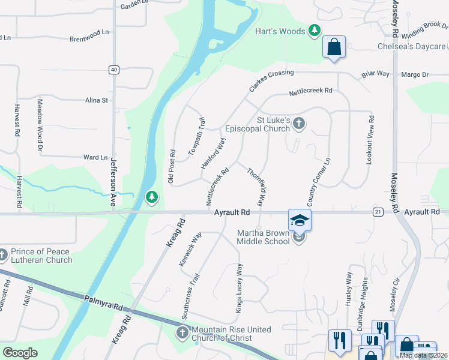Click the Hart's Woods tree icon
314,31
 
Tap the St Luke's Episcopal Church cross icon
300,124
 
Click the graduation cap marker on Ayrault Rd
300,220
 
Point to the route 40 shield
113,70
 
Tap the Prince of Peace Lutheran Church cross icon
3,256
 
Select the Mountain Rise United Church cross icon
182,332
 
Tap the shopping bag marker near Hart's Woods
334,47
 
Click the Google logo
20,352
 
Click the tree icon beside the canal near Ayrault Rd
152,197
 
